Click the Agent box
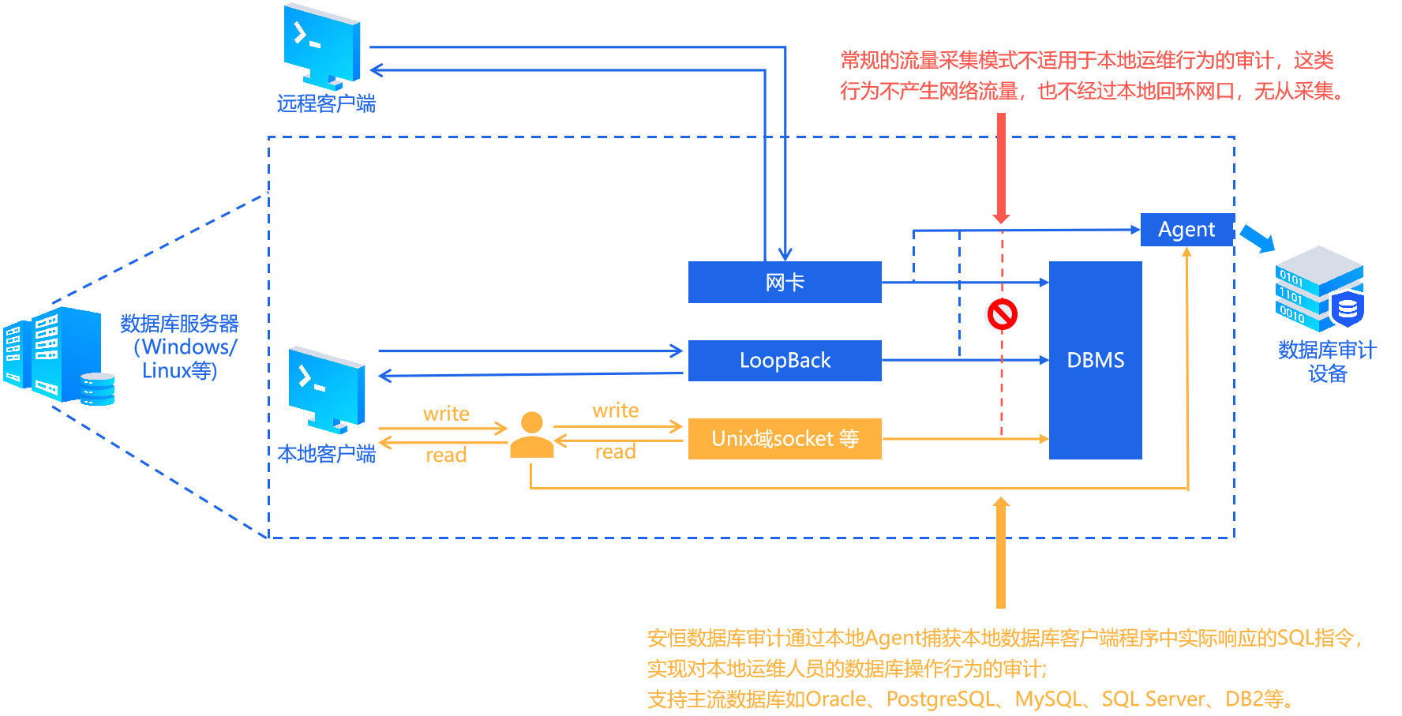[1186, 230]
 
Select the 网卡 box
[785, 282]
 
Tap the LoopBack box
[785, 361]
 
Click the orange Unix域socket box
[785, 439]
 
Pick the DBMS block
[1095, 360]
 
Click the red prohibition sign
[1002, 315]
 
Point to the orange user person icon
[531, 435]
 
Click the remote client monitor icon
[322, 46]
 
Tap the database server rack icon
[59, 355]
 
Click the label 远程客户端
[326, 104]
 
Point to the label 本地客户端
[326, 454]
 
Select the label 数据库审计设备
[1327, 362]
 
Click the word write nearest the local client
[446, 414]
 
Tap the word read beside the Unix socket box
[615, 452]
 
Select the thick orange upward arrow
[1001, 553]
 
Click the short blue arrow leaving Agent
[1257, 238]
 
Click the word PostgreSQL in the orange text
[940, 699]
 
